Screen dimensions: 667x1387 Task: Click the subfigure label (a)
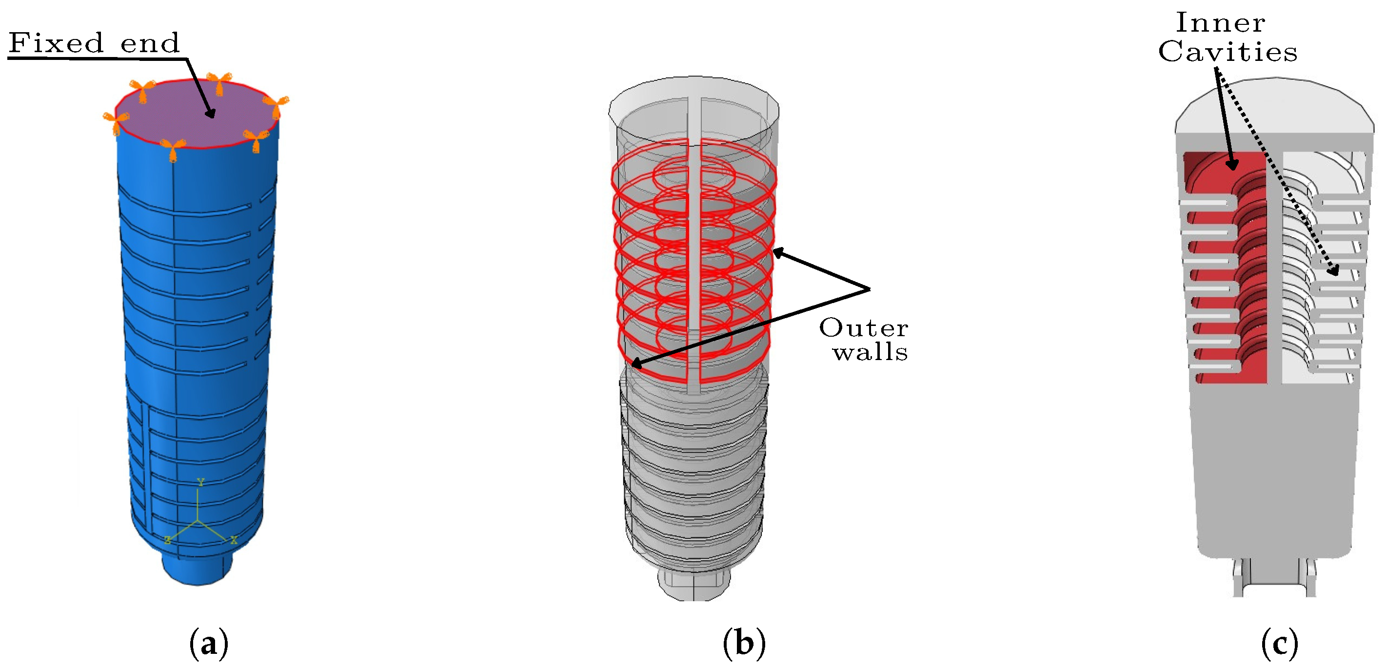click(x=209, y=643)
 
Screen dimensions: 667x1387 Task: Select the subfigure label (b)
click(x=744, y=643)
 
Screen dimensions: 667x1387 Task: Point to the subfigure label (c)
click(x=1279, y=643)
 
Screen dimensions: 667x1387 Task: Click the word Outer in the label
click(x=864, y=328)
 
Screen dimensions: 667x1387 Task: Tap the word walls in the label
click(x=870, y=352)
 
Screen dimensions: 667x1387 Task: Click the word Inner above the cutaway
click(x=1220, y=23)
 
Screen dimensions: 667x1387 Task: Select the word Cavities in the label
click(x=1228, y=52)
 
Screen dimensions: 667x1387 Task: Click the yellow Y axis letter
click(x=200, y=482)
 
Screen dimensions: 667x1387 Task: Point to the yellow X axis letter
click(x=234, y=539)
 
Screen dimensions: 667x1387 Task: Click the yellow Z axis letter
click(x=168, y=539)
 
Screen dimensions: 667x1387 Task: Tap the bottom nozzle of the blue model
click(x=197, y=570)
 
